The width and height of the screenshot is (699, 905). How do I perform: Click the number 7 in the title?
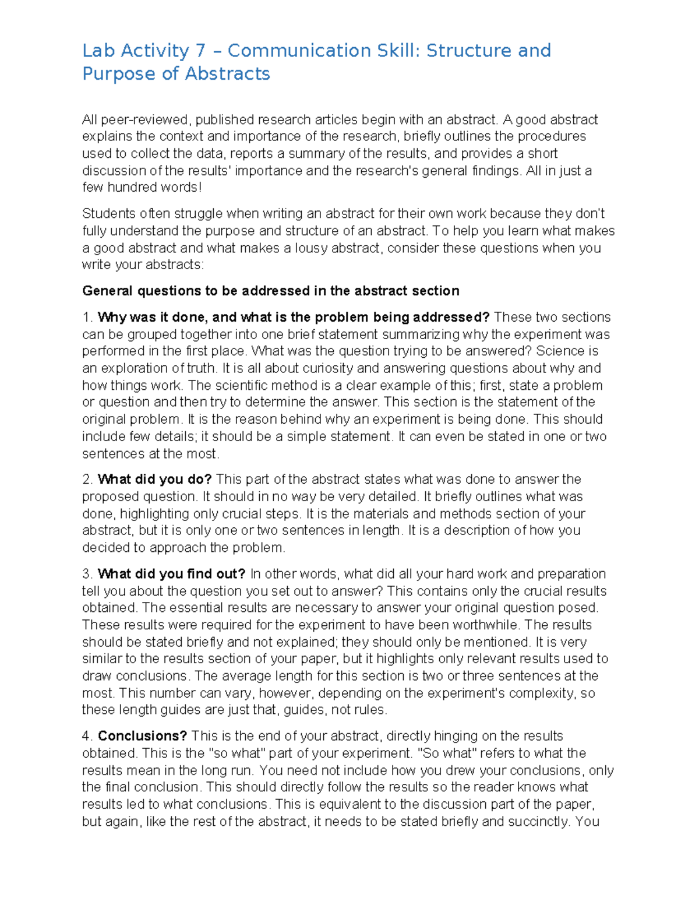[x=200, y=51]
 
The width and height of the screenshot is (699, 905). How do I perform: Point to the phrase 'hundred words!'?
[x=155, y=188]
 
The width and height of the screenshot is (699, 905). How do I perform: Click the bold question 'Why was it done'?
[x=153, y=318]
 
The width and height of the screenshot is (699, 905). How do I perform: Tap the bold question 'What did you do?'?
[x=154, y=480]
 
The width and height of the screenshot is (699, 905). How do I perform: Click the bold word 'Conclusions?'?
[x=142, y=736]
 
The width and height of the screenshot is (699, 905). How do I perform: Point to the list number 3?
[x=86, y=574]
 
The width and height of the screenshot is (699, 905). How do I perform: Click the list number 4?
[x=86, y=736]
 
